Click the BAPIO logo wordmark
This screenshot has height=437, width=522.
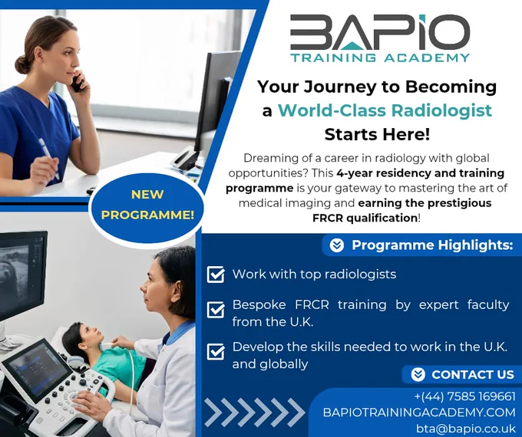point(380,32)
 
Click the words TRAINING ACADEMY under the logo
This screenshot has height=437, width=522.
point(380,58)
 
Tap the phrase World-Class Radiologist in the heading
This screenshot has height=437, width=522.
point(385,110)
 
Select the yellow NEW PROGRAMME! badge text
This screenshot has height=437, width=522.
point(147,205)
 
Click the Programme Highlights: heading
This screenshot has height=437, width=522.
point(432,245)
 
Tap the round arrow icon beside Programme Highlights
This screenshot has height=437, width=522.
point(336,245)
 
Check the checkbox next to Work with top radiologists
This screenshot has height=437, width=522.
point(216,274)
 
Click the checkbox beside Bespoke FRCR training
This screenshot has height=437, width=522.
point(216,310)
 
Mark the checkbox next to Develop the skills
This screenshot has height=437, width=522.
point(216,352)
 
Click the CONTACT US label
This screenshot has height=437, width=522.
point(473,374)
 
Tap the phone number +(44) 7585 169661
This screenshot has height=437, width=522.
point(464,396)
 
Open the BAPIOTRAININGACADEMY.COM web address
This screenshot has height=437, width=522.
point(419,412)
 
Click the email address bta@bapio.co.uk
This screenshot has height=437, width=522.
point(466,428)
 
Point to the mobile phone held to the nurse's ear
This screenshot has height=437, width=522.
point(78,82)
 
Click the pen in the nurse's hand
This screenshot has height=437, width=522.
point(48,157)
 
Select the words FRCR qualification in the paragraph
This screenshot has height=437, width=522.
point(365,219)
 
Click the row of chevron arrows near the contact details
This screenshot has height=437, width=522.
point(255,412)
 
